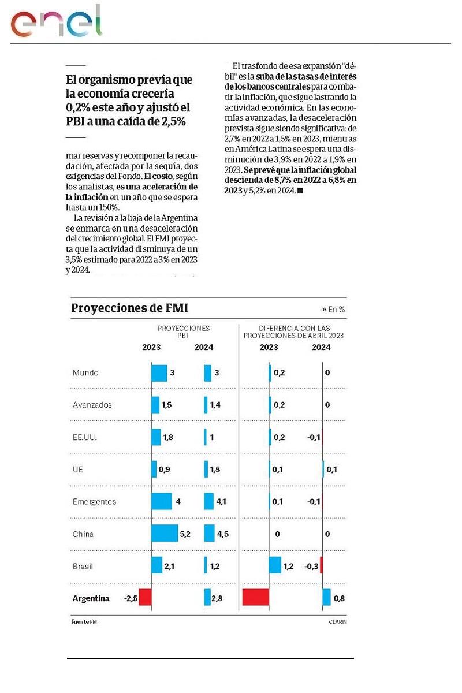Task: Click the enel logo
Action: [x=56, y=23]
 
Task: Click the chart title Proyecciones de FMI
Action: [x=129, y=308]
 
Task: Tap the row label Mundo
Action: [x=85, y=372]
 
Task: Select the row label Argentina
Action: [x=91, y=598]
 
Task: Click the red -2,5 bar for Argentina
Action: [x=145, y=597]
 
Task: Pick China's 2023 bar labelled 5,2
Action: [x=164, y=534]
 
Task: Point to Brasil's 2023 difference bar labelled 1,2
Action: [x=275, y=565]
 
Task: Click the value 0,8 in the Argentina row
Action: [x=339, y=598]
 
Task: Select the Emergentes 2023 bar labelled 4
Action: [x=161, y=501]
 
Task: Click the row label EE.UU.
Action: [x=85, y=437]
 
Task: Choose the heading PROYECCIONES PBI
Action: [x=184, y=331]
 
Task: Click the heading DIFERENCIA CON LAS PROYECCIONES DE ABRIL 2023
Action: [x=293, y=331]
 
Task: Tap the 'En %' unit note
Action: [x=335, y=310]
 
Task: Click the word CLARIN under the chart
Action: [x=338, y=622]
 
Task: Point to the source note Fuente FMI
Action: [x=81, y=622]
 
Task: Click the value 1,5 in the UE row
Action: [x=215, y=470]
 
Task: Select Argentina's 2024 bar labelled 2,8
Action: [x=207, y=597]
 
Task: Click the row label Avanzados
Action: [x=92, y=405]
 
